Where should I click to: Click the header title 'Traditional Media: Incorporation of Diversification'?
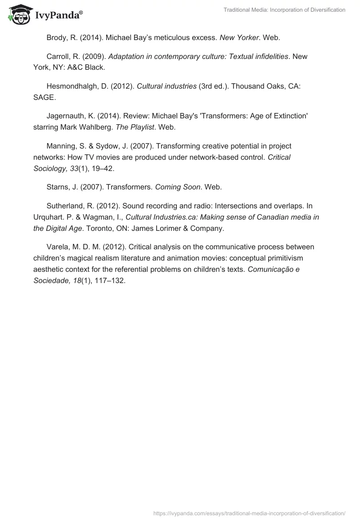(x=284, y=10)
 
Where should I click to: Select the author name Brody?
(x=57, y=38)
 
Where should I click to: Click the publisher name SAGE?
(x=44, y=97)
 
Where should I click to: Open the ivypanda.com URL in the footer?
(x=249, y=513)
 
